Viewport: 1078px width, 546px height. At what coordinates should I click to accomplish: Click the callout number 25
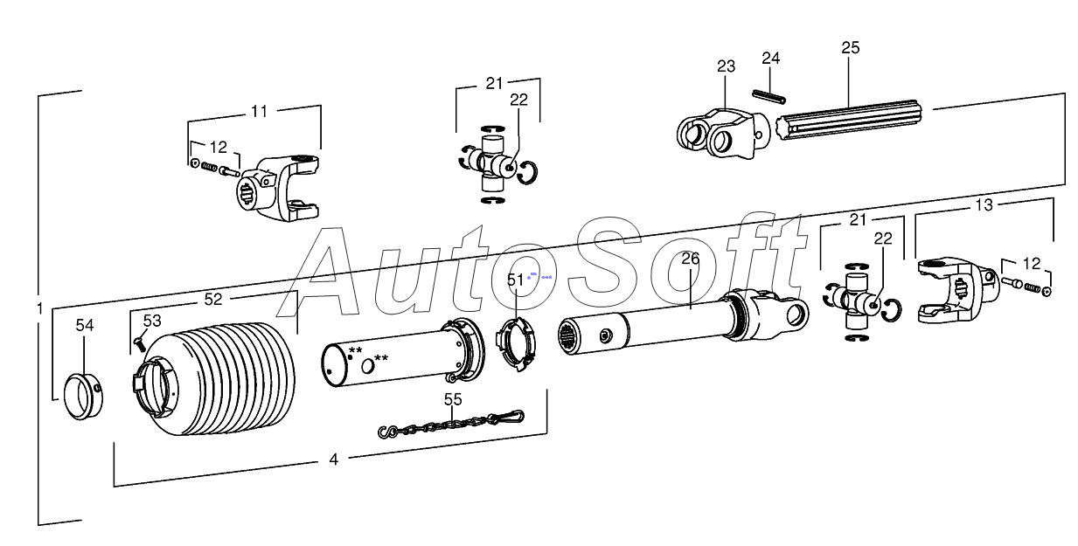(x=850, y=48)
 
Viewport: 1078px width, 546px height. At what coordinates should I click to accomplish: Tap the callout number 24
(x=770, y=59)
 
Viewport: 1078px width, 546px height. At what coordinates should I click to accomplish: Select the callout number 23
(x=727, y=66)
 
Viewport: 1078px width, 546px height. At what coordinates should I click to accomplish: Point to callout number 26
(x=691, y=259)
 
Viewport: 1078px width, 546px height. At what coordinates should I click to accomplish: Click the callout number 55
(x=452, y=399)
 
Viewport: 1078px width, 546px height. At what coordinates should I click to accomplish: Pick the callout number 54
(x=84, y=325)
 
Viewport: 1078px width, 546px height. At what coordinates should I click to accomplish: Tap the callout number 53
(x=152, y=321)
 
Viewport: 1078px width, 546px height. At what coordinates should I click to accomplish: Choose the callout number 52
(x=213, y=299)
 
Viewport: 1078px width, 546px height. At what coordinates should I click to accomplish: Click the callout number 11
(x=260, y=111)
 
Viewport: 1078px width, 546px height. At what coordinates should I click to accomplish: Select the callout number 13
(x=984, y=205)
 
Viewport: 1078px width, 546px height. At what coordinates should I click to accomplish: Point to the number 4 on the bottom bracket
(x=334, y=460)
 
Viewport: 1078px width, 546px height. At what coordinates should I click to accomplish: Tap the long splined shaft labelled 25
(x=857, y=121)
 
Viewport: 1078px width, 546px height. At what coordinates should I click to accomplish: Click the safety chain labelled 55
(x=452, y=425)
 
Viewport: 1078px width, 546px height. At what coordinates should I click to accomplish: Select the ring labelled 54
(x=84, y=397)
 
